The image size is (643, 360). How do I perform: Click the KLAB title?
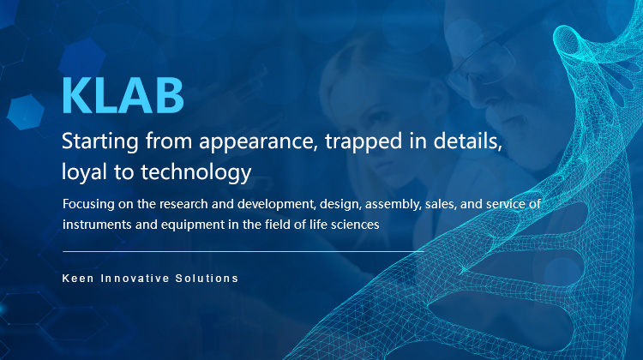(123, 97)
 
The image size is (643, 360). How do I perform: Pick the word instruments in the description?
(95, 224)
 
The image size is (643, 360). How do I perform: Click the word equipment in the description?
(185, 224)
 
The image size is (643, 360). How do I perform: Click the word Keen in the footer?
(78, 279)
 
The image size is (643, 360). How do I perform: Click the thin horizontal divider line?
(243, 252)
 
